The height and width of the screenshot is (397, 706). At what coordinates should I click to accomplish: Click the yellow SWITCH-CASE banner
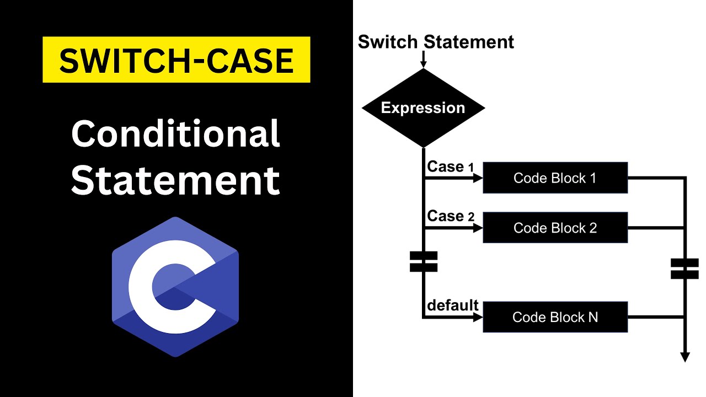(x=176, y=60)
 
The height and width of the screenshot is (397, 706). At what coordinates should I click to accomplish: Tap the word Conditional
(x=175, y=134)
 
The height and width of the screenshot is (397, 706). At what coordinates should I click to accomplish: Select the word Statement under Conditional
(x=175, y=180)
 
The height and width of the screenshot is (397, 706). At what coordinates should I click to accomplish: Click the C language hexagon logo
(x=175, y=287)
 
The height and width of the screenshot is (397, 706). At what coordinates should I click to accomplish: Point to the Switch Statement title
(x=436, y=42)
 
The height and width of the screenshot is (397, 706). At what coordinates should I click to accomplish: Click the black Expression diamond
(x=423, y=108)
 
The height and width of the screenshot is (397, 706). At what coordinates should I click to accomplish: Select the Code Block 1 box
(x=555, y=178)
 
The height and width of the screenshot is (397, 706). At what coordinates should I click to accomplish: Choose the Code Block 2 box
(x=555, y=227)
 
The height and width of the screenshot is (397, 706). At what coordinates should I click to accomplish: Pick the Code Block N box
(x=555, y=316)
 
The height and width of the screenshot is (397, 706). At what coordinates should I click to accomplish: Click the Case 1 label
(x=450, y=167)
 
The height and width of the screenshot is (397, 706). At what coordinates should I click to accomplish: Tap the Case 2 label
(x=450, y=216)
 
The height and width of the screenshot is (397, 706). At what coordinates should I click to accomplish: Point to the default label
(x=453, y=305)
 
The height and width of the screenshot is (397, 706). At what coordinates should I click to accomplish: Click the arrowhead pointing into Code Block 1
(x=478, y=178)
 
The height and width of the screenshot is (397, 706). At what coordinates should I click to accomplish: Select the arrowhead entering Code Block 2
(x=478, y=227)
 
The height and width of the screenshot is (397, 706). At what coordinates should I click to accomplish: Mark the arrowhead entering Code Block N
(x=478, y=317)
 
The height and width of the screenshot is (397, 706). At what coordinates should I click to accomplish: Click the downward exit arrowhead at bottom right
(x=685, y=357)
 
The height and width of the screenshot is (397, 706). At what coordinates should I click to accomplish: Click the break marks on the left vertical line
(x=424, y=262)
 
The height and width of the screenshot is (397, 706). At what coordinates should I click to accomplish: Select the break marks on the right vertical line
(x=685, y=269)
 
